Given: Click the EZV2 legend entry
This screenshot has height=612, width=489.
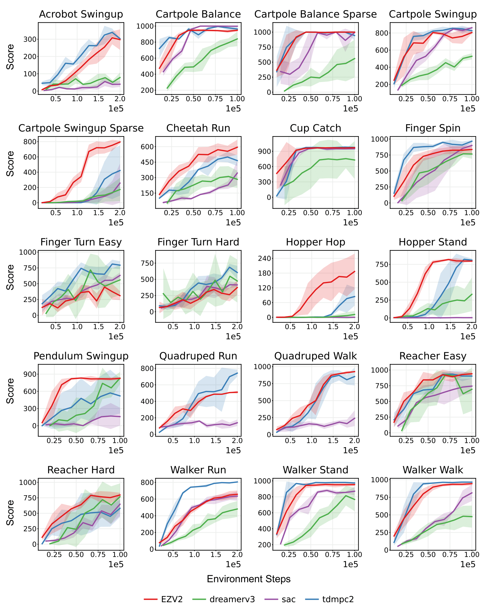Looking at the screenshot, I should pyautogui.click(x=163, y=599).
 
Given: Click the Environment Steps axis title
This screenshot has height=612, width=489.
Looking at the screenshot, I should pyautogui.click(x=249, y=579).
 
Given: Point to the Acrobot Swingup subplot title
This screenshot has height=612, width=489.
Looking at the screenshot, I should pyautogui.click(x=81, y=14).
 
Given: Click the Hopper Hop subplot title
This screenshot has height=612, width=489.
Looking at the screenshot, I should pyautogui.click(x=315, y=242).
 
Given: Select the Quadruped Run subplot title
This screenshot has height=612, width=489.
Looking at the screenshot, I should pyautogui.click(x=198, y=356).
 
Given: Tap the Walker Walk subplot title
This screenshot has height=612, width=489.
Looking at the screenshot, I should pyautogui.click(x=433, y=470).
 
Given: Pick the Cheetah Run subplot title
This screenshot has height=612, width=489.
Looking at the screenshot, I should pyautogui.click(x=198, y=128).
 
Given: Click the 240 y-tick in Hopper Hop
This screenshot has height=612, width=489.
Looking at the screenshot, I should pyautogui.click(x=264, y=258).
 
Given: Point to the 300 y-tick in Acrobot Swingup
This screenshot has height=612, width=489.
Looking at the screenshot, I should pyautogui.click(x=30, y=39).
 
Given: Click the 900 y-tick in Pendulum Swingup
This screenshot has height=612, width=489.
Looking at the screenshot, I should pyautogui.click(x=30, y=374).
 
